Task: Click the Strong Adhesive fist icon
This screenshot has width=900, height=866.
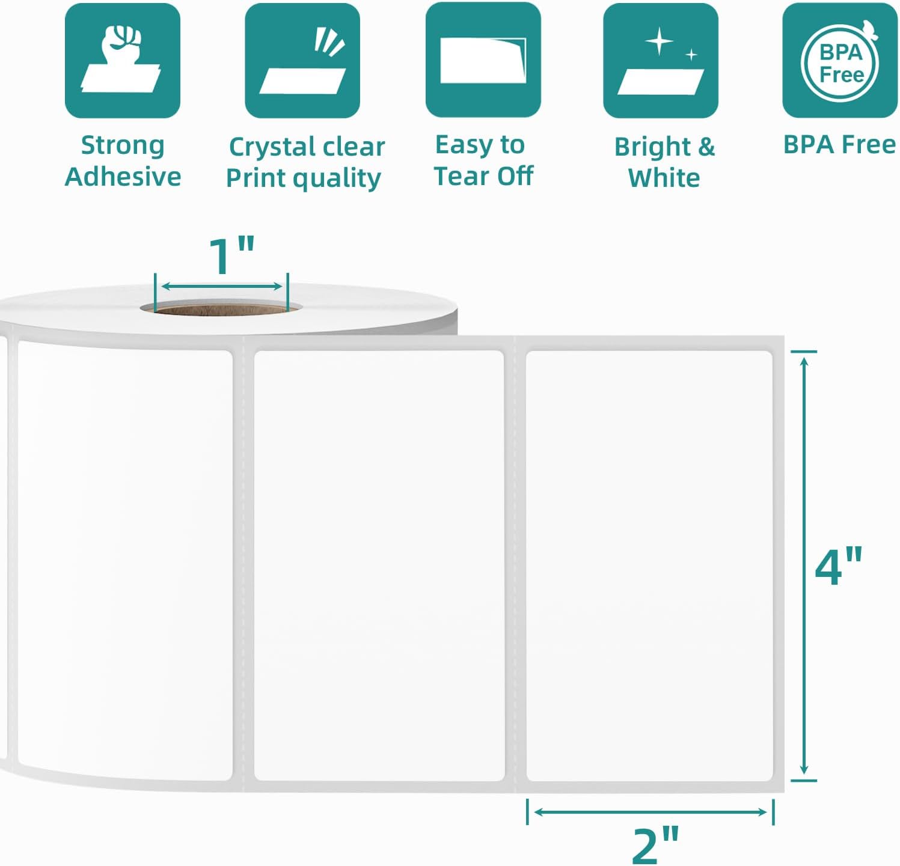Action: tap(123, 61)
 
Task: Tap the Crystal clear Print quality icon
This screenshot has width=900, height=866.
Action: tap(302, 61)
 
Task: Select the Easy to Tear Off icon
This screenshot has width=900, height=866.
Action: tap(483, 60)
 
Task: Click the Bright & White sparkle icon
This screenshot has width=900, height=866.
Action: tap(661, 61)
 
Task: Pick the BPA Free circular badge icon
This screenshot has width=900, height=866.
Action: tap(840, 60)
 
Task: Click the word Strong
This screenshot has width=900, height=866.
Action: tap(123, 146)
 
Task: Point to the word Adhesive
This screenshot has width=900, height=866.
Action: tap(123, 177)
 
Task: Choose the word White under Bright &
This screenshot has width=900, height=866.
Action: tap(664, 178)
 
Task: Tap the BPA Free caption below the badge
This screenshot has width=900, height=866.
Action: tap(840, 145)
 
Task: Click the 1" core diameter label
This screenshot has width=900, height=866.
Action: tap(231, 255)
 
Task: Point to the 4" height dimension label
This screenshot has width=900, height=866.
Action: tap(839, 566)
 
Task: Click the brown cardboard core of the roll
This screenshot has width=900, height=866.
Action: tap(221, 310)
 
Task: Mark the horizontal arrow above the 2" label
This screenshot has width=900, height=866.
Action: tap(650, 812)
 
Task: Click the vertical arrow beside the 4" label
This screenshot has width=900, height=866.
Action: tap(804, 566)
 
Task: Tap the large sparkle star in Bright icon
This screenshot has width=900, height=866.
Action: tap(660, 41)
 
